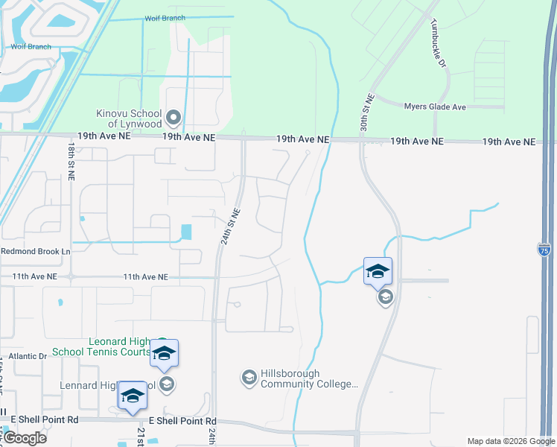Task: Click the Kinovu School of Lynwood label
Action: coord(130,118)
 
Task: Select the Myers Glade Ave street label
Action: coord(435,107)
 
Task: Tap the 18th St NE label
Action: coord(71,164)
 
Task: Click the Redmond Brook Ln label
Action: coord(35,252)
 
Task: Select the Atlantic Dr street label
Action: coord(28,357)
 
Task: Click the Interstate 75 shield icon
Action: coord(544,250)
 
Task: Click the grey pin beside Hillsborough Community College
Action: coord(249,378)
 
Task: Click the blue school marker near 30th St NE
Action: coord(378,270)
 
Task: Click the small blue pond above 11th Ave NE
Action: coord(186,232)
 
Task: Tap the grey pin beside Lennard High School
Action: coord(167,384)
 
